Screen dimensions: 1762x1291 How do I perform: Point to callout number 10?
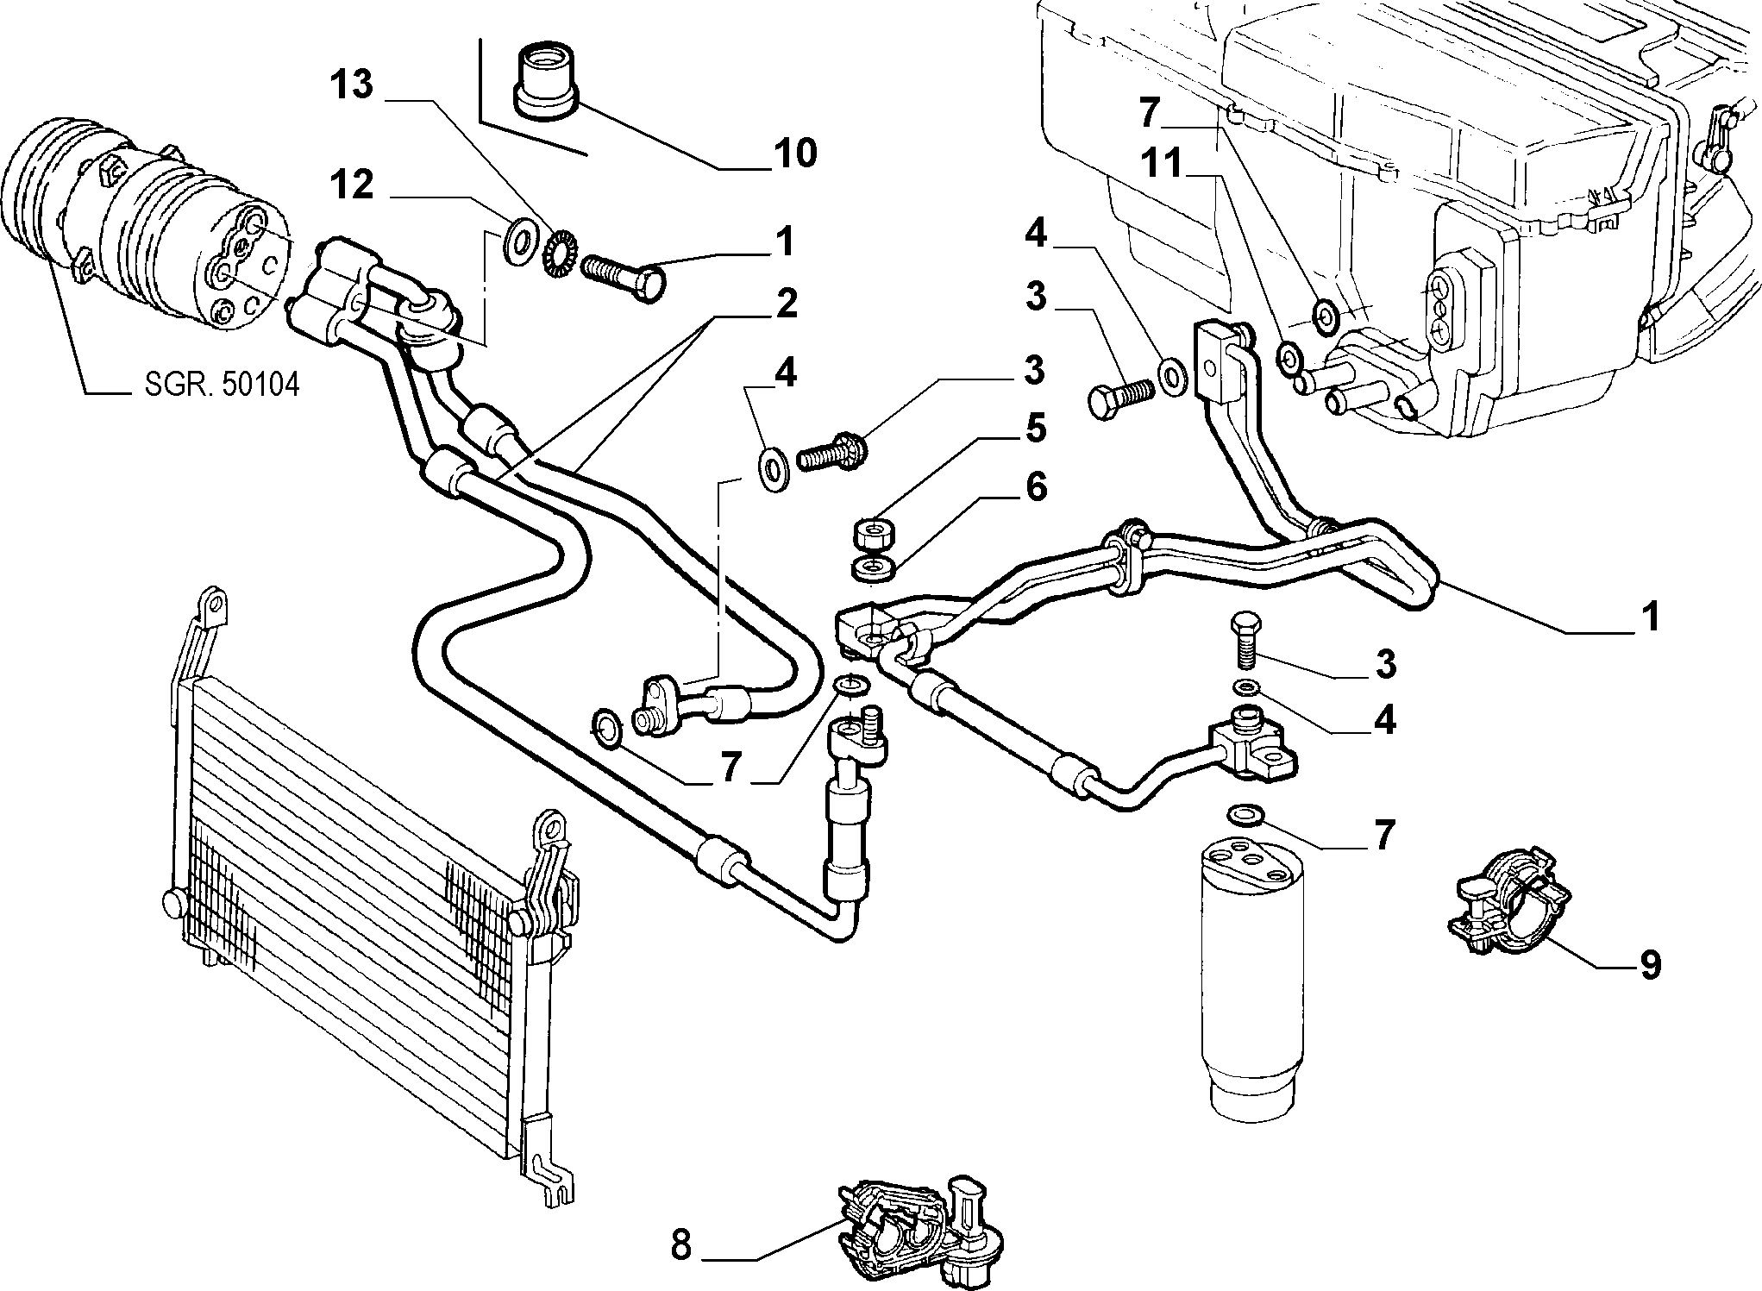coord(793,154)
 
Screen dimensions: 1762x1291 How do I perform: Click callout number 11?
coord(1162,163)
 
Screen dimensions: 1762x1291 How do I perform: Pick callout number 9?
coord(1650,964)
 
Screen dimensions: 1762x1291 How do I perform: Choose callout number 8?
coord(681,1244)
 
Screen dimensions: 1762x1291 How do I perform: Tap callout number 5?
coord(1035,428)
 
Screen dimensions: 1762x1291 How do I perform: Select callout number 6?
coord(1035,487)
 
